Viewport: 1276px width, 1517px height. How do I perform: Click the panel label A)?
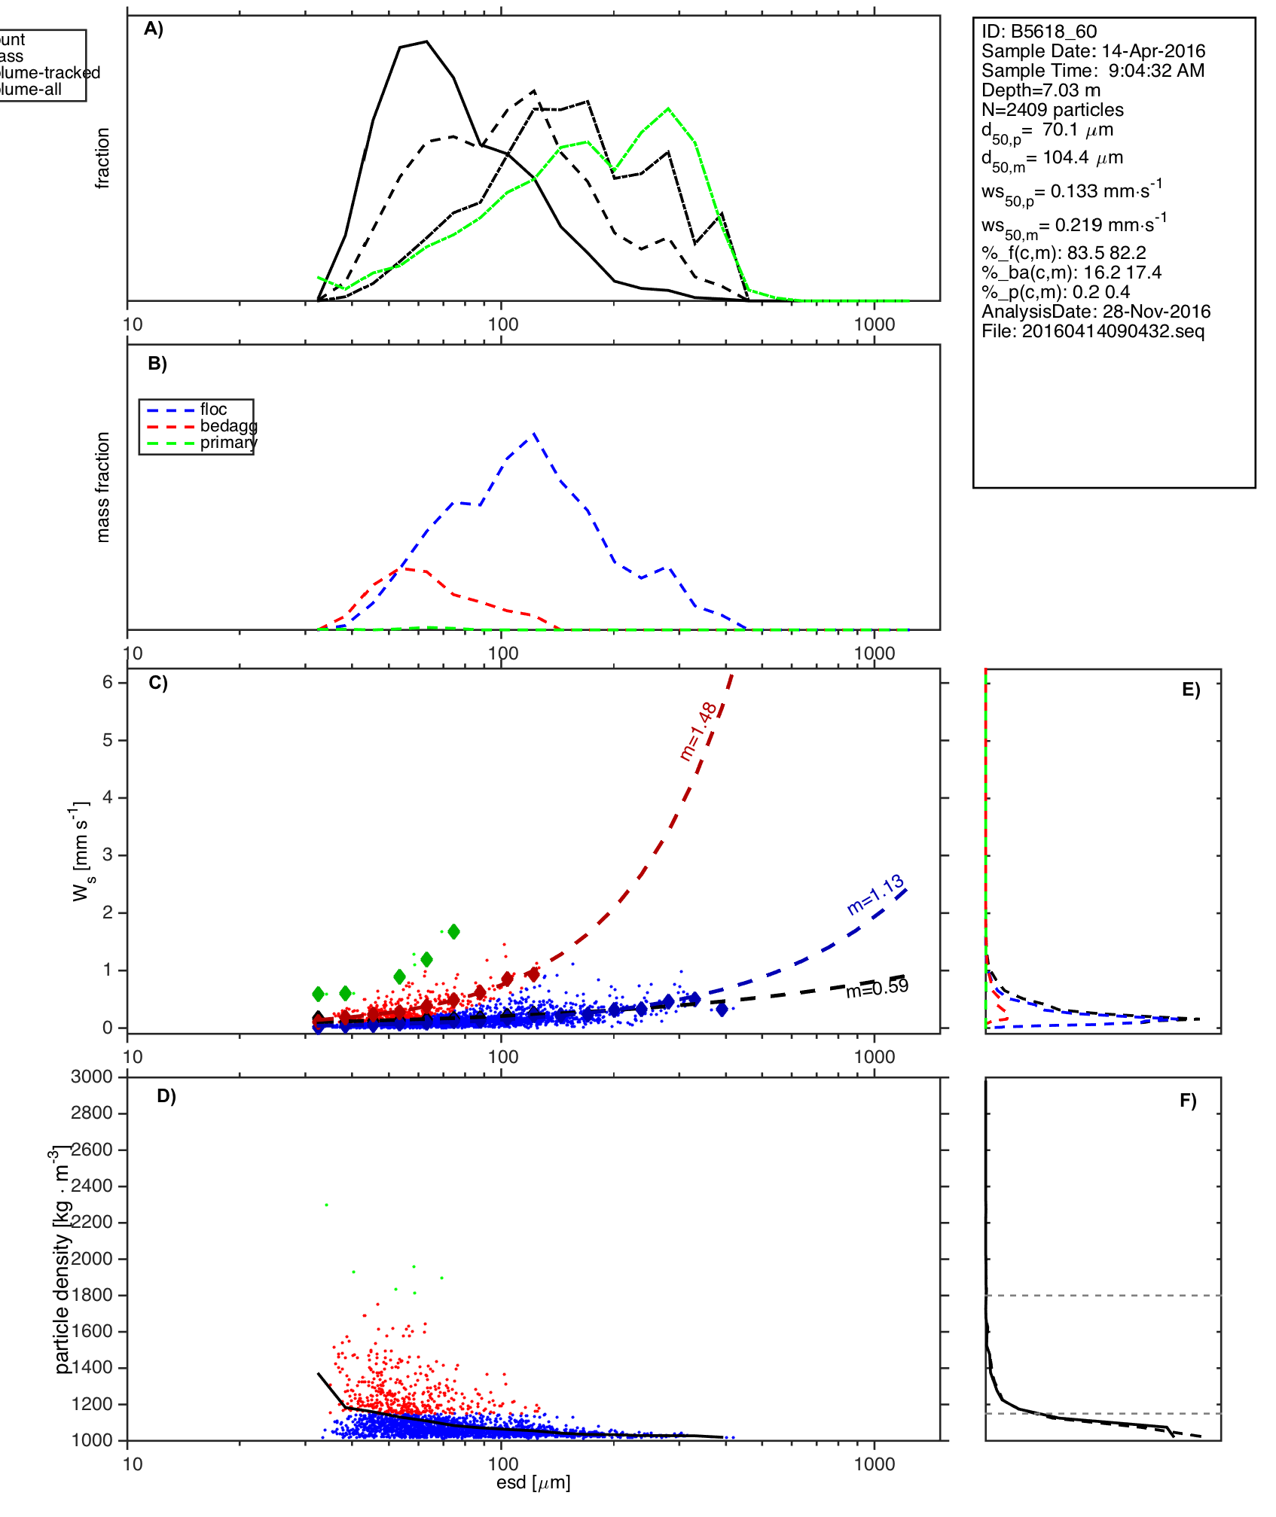154,29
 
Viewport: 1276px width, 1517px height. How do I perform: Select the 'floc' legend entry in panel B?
213,410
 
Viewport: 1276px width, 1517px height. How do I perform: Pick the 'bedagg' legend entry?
228,426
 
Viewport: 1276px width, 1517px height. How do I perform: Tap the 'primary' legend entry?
228,443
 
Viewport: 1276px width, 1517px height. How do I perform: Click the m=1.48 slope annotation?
698,731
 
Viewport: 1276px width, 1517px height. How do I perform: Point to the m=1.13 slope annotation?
875,894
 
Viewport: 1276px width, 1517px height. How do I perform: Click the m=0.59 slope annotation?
877,988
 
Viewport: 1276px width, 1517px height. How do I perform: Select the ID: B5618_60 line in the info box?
1039,32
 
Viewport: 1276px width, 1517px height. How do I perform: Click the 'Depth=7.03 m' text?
1040,90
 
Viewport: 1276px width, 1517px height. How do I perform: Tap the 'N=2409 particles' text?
1052,110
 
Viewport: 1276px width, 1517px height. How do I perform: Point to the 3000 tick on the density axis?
91,1077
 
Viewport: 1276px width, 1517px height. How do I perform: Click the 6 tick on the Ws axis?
108,682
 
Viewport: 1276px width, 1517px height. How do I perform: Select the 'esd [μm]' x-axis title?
533,1482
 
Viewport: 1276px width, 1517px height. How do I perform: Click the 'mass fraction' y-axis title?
103,487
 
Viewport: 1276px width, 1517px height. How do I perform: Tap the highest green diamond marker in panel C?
453,931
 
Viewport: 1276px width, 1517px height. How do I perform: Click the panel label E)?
1191,690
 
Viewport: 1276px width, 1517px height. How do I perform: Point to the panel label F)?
1188,1101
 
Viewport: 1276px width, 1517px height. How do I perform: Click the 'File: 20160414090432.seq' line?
1093,331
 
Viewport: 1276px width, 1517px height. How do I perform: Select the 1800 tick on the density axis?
91,1295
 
